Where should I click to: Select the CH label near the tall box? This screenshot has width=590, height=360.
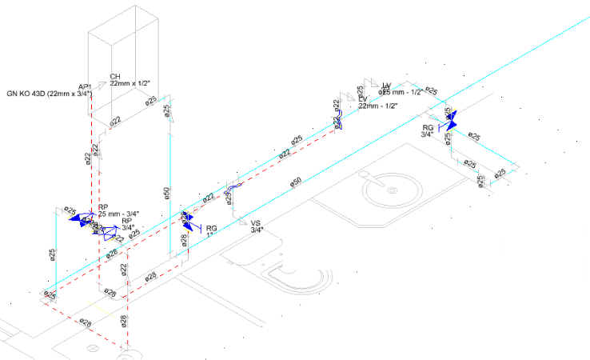(114, 77)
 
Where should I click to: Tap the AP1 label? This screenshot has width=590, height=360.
(85, 86)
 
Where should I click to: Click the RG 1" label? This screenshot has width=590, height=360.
(212, 231)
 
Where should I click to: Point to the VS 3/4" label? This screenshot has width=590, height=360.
(257, 226)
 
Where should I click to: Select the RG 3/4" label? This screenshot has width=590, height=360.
(428, 131)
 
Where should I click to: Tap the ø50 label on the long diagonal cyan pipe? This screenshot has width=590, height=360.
(295, 183)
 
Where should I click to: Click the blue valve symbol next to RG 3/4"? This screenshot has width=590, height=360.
(450, 122)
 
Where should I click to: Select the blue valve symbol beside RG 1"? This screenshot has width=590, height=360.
(186, 217)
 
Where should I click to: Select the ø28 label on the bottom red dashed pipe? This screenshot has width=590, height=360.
(85, 323)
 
